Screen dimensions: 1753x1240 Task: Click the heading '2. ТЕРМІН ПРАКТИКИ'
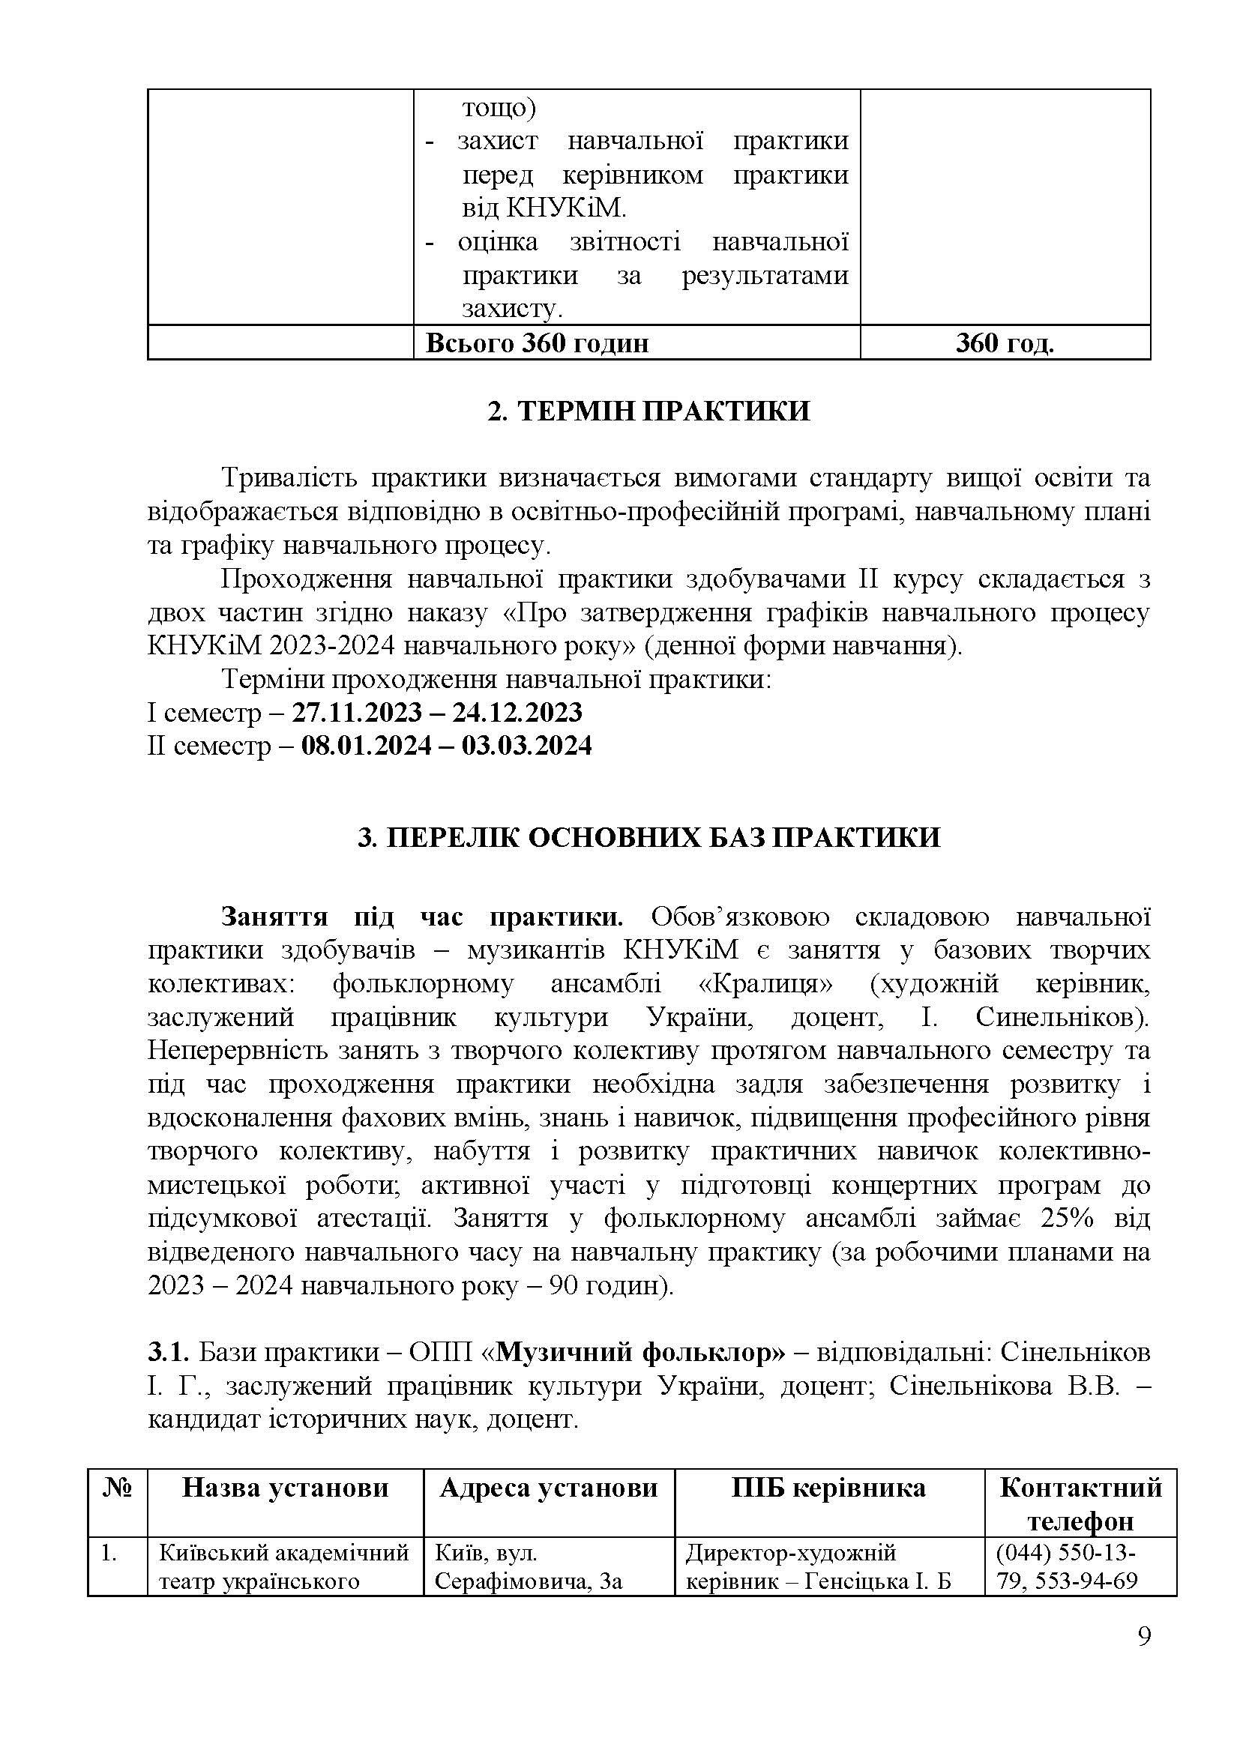[x=648, y=412]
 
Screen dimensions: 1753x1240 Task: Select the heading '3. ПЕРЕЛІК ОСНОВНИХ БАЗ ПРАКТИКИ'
[x=648, y=839]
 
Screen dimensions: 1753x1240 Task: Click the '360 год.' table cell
[x=1004, y=343]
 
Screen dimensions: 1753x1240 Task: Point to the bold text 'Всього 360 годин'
[x=537, y=343]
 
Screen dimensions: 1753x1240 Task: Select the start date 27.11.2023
[x=357, y=712]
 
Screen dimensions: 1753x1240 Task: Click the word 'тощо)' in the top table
[x=499, y=109]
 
